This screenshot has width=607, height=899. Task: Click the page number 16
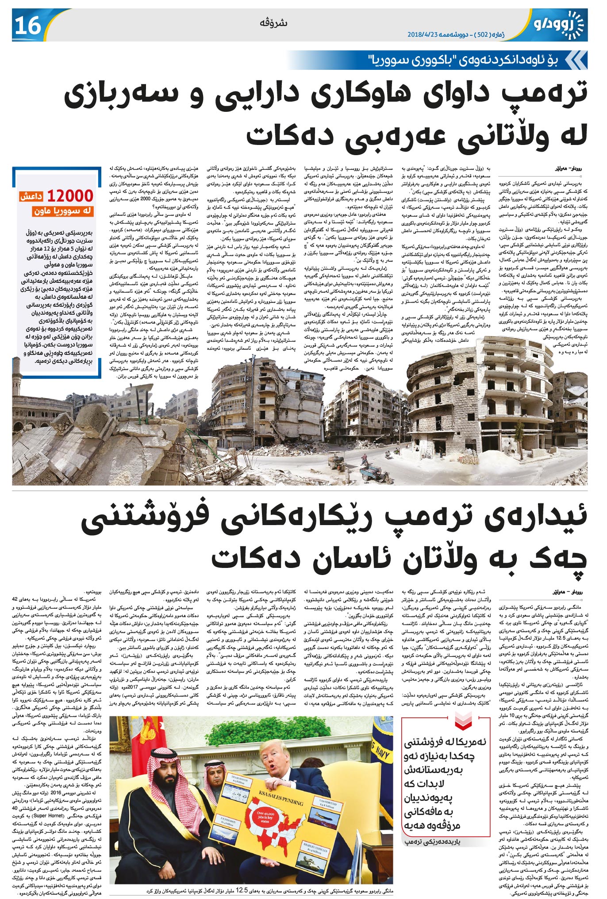[x=28, y=26]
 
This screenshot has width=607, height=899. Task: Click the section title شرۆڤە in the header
[x=278, y=23]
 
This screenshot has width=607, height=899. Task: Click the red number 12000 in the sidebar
[x=70, y=196]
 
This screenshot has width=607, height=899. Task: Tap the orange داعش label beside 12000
[x=31, y=197]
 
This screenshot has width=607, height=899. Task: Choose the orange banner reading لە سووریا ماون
[x=63, y=212]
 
